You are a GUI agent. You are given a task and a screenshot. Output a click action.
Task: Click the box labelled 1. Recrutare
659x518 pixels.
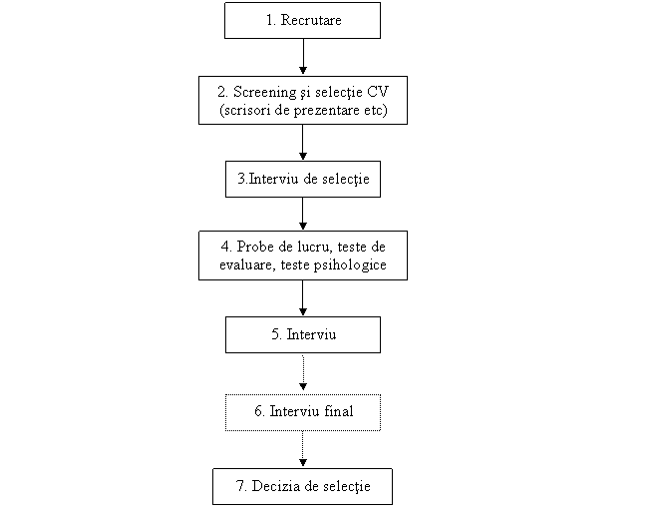tap(303, 21)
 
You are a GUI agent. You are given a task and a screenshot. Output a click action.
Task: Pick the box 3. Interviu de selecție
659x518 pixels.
tap(303, 180)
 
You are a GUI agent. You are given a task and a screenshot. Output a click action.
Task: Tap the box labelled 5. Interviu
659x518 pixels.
tap(303, 335)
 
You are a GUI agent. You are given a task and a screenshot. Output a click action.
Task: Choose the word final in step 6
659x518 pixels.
tap(339, 410)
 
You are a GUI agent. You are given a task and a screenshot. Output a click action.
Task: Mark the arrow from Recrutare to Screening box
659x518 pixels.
tap(303, 57)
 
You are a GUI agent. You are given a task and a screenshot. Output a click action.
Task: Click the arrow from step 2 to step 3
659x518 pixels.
tap(303, 143)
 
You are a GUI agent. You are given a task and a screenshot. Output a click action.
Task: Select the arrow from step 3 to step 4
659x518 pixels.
tap(303, 214)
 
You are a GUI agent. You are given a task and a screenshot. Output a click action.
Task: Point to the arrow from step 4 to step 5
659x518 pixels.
tap(303, 297)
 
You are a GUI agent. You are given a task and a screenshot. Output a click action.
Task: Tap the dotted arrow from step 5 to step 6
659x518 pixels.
tap(303, 372)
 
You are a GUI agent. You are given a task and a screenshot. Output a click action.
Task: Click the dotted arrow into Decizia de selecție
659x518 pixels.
tap(303, 449)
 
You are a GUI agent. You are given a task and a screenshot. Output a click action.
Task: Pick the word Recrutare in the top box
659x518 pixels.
tap(311, 20)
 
